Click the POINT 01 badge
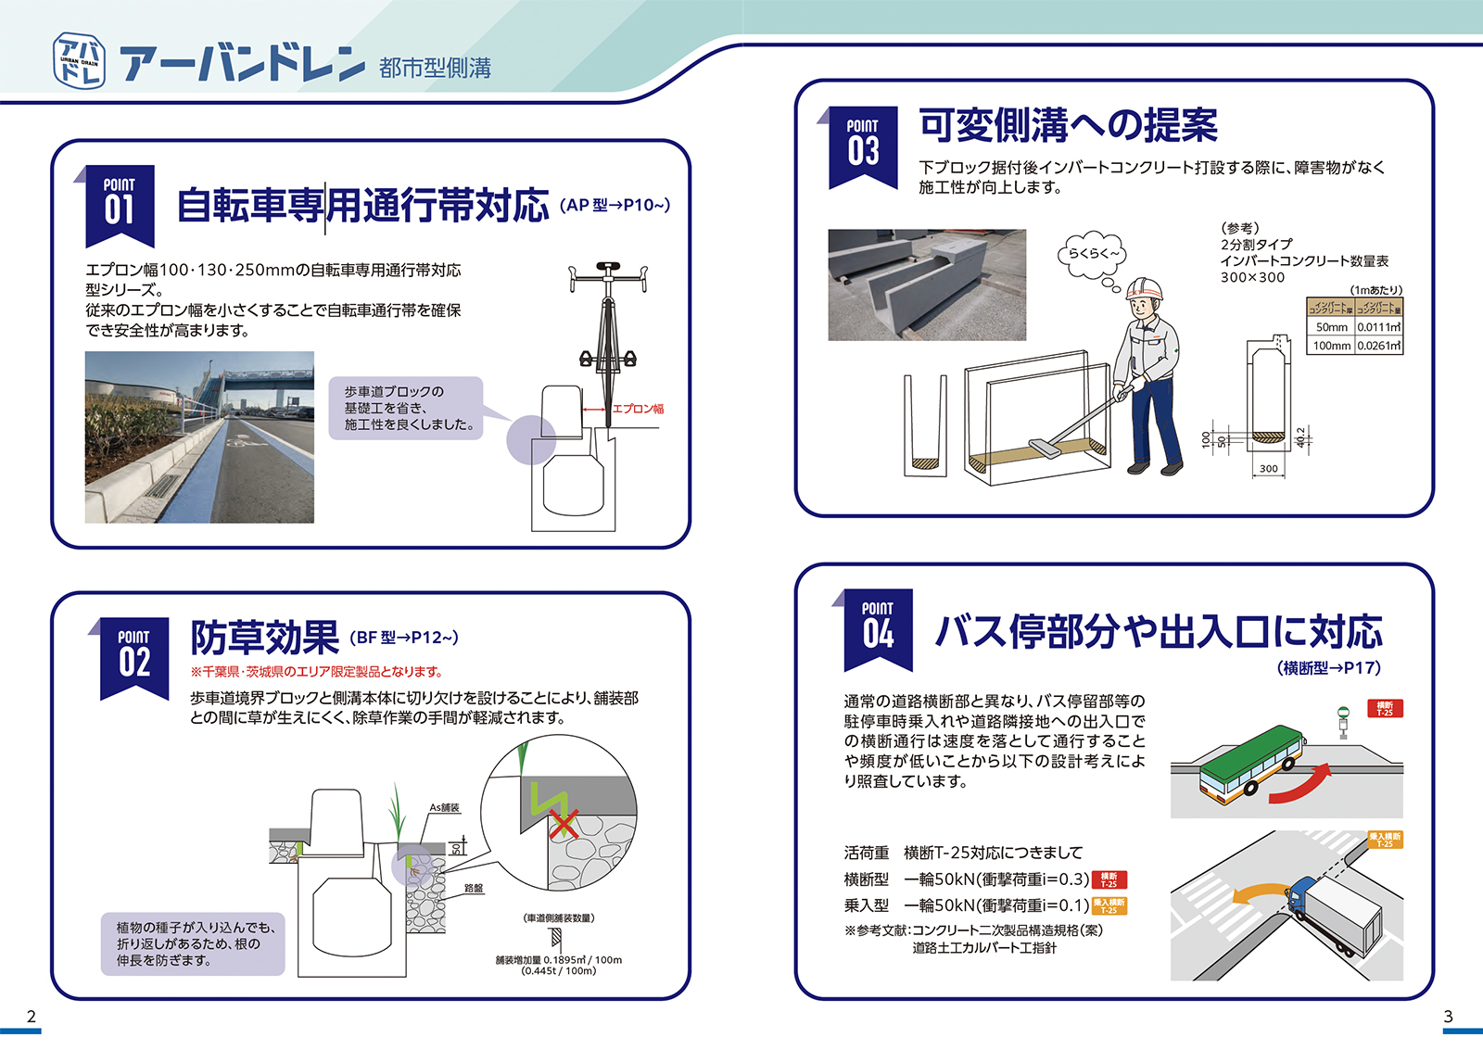(120, 202)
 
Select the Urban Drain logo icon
(79, 61)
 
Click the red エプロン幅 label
(638, 409)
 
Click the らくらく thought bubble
(1093, 255)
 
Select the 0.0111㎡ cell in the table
(1379, 327)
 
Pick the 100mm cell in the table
(1331, 346)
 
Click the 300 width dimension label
(1268, 469)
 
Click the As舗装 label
(444, 808)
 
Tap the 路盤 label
(474, 888)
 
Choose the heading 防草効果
(265, 638)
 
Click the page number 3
(1448, 1017)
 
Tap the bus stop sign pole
(1342, 722)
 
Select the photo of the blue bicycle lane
(199, 437)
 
